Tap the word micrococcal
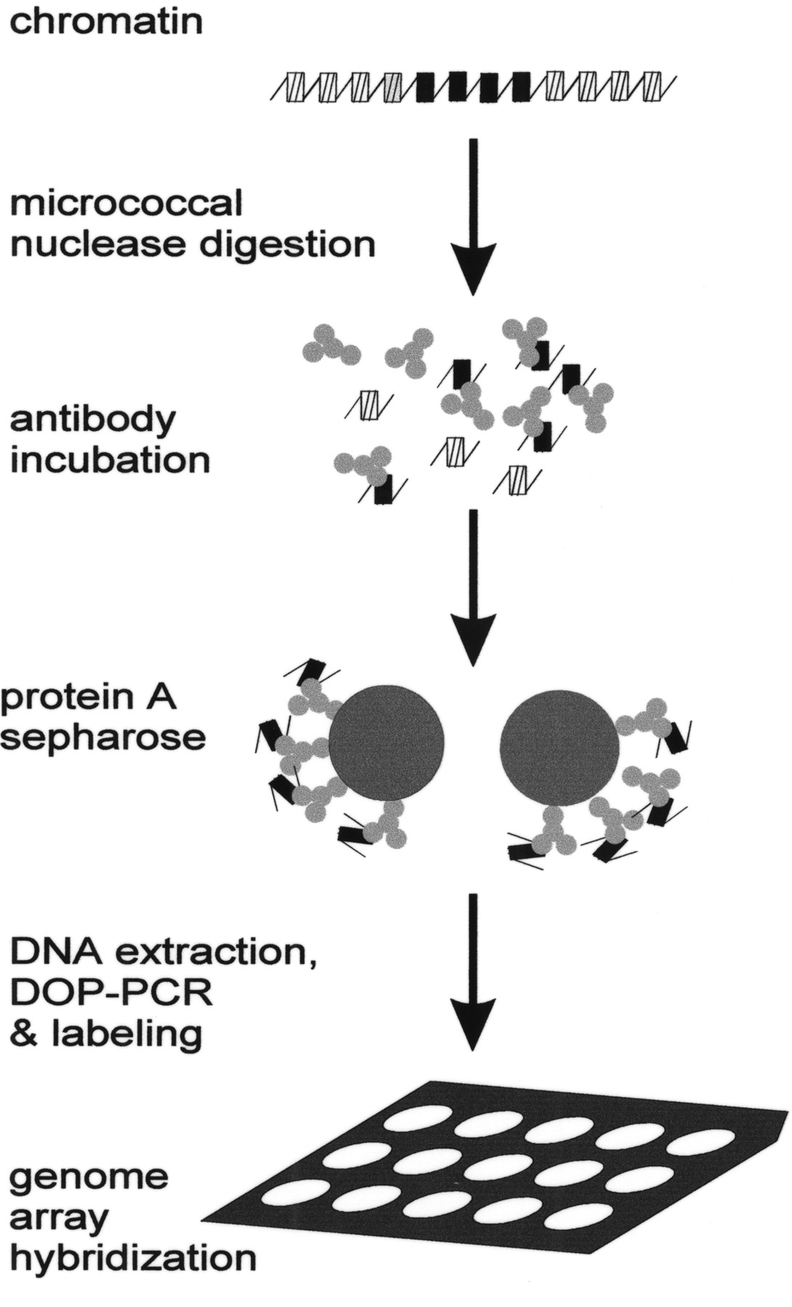pyautogui.click(x=126, y=203)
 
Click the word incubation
pyautogui.click(x=110, y=460)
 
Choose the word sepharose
pyautogui.click(x=103, y=738)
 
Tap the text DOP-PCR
pyautogui.click(x=111, y=992)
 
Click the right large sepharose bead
pyautogui.click(x=560, y=746)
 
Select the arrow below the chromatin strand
pyautogui.click(x=473, y=218)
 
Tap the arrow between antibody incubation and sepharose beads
pyautogui.click(x=473, y=588)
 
